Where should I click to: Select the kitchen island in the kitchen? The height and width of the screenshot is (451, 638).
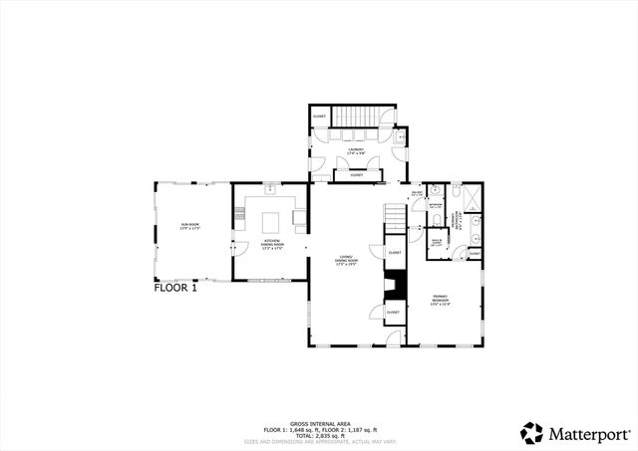[271, 219]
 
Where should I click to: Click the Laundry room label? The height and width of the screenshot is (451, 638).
[356, 151]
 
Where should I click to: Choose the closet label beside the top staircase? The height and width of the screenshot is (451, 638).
[319, 116]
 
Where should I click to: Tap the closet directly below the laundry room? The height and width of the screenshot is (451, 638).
[356, 175]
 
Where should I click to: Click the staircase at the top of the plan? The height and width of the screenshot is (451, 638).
[356, 116]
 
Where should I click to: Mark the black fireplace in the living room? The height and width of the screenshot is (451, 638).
[396, 284]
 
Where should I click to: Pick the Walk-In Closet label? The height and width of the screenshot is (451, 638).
[436, 241]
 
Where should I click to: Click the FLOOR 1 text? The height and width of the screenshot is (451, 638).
[182, 291]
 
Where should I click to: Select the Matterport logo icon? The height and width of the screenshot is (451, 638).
[531, 433]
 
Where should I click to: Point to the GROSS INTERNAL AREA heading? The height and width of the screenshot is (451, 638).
[319, 422]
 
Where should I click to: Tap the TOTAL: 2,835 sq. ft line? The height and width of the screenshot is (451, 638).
[319, 435]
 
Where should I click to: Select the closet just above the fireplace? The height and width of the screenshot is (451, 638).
[394, 253]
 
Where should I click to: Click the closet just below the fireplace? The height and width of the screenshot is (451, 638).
[393, 312]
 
